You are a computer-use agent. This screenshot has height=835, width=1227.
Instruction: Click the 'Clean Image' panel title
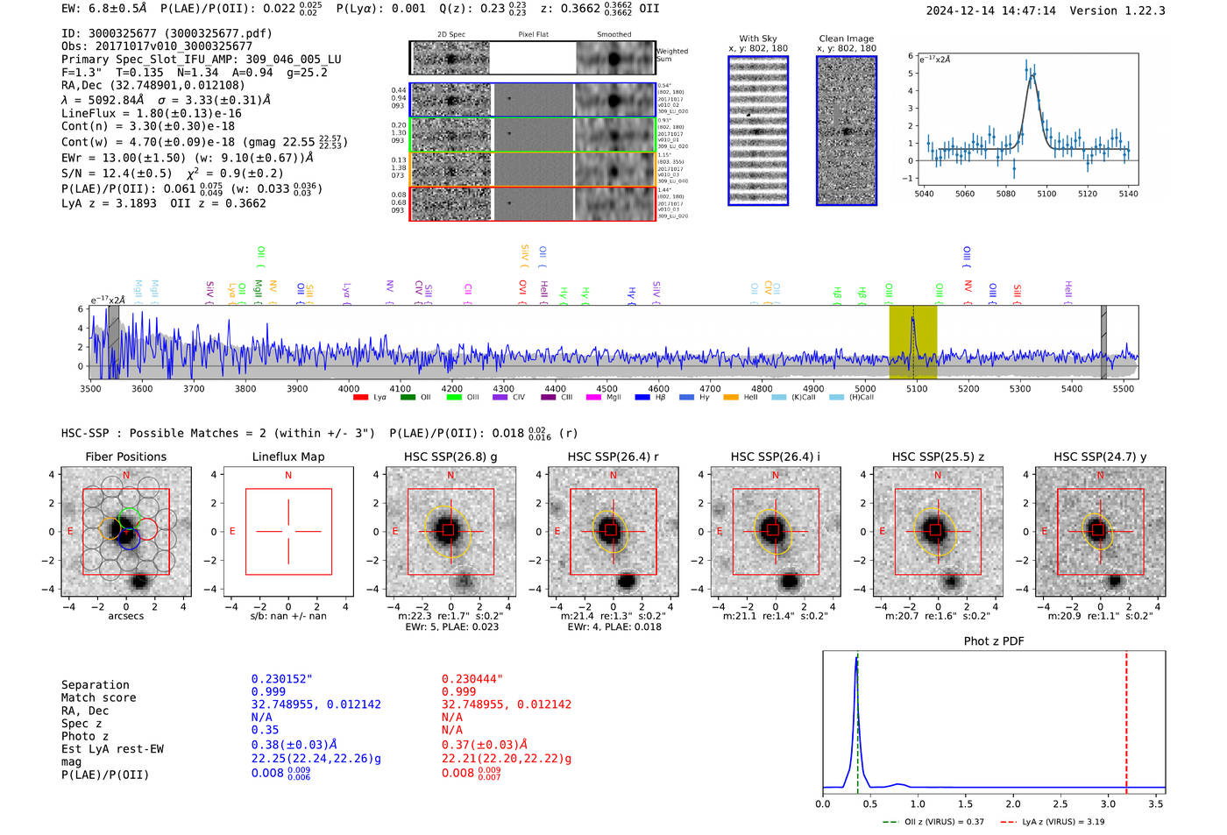846,39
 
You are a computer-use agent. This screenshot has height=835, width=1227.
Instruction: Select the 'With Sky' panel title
757,39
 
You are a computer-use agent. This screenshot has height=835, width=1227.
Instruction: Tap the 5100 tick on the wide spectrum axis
916,389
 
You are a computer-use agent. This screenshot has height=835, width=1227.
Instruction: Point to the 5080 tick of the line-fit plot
1005,194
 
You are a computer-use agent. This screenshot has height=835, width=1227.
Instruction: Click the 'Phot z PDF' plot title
994,641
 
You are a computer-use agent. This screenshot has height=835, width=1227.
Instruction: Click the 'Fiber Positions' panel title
125,456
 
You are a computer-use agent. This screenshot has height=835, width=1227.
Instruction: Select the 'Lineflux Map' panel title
287,456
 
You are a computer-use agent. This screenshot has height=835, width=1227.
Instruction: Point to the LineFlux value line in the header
151,113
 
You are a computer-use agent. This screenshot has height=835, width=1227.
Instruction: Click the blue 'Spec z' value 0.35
265,730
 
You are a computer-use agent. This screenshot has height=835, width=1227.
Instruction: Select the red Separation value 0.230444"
472,679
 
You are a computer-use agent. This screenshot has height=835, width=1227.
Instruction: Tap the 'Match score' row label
98,698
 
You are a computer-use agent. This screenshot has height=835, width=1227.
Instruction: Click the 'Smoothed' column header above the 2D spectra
613,34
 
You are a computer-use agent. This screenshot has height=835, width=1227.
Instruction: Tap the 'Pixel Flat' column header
533,34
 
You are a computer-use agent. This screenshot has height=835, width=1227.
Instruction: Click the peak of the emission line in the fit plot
1032,74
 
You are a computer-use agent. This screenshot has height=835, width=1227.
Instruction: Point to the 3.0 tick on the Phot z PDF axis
1108,803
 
